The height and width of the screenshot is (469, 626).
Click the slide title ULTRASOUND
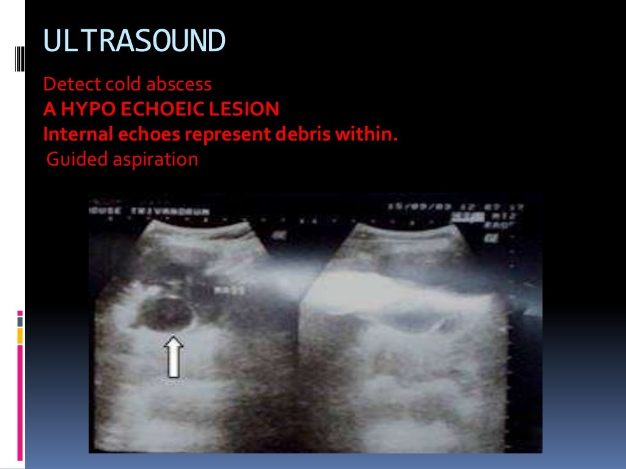(134, 42)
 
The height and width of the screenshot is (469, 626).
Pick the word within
(365, 134)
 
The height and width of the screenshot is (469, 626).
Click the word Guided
(69, 159)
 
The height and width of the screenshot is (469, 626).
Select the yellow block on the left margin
(20, 335)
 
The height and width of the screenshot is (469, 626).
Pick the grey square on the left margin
(20, 321)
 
